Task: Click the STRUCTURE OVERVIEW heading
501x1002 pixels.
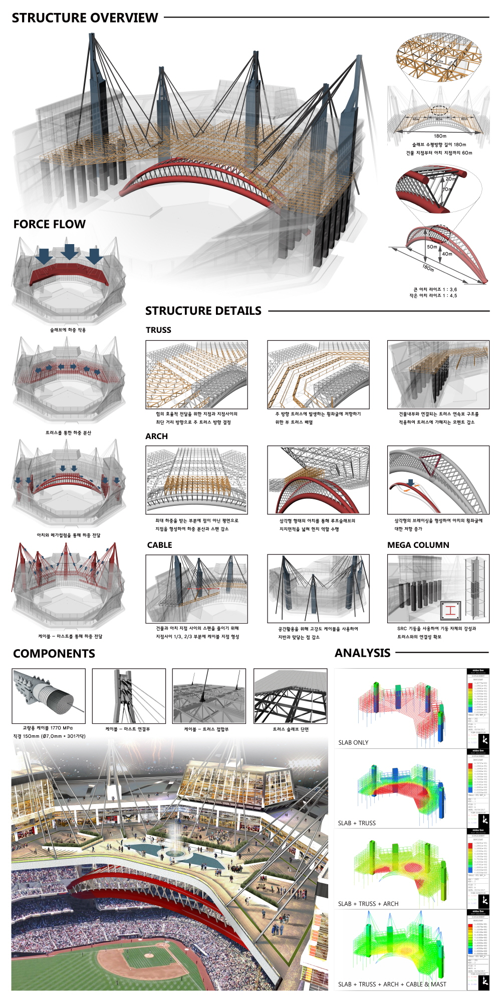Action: pyautogui.click(x=85, y=18)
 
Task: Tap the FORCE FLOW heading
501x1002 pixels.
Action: pyautogui.click(x=49, y=224)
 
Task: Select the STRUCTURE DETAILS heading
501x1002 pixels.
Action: pyautogui.click(x=203, y=311)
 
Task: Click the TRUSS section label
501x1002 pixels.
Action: pyautogui.click(x=158, y=330)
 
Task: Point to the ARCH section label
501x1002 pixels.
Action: pyautogui.click(x=156, y=436)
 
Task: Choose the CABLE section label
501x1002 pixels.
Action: pyautogui.click(x=159, y=545)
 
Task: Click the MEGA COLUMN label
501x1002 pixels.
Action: pyautogui.click(x=418, y=545)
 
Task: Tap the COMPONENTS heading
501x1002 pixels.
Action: pyautogui.click(x=54, y=654)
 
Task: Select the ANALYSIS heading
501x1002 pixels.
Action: pyautogui.click(x=362, y=653)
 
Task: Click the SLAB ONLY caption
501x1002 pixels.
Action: pyautogui.click(x=353, y=742)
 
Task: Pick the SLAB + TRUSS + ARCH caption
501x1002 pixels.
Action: pyautogui.click(x=368, y=904)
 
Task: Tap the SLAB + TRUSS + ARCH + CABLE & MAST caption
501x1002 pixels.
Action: pyautogui.click(x=392, y=984)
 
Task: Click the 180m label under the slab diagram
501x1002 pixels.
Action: pyautogui.click(x=440, y=136)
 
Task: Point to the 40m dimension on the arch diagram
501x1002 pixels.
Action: pyautogui.click(x=447, y=254)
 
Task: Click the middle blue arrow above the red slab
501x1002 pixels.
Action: pyautogui.click(x=69, y=251)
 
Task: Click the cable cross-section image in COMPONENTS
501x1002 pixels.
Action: pyautogui.click(x=49, y=696)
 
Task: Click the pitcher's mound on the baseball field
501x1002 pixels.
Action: pyautogui.click(x=149, y=956)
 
